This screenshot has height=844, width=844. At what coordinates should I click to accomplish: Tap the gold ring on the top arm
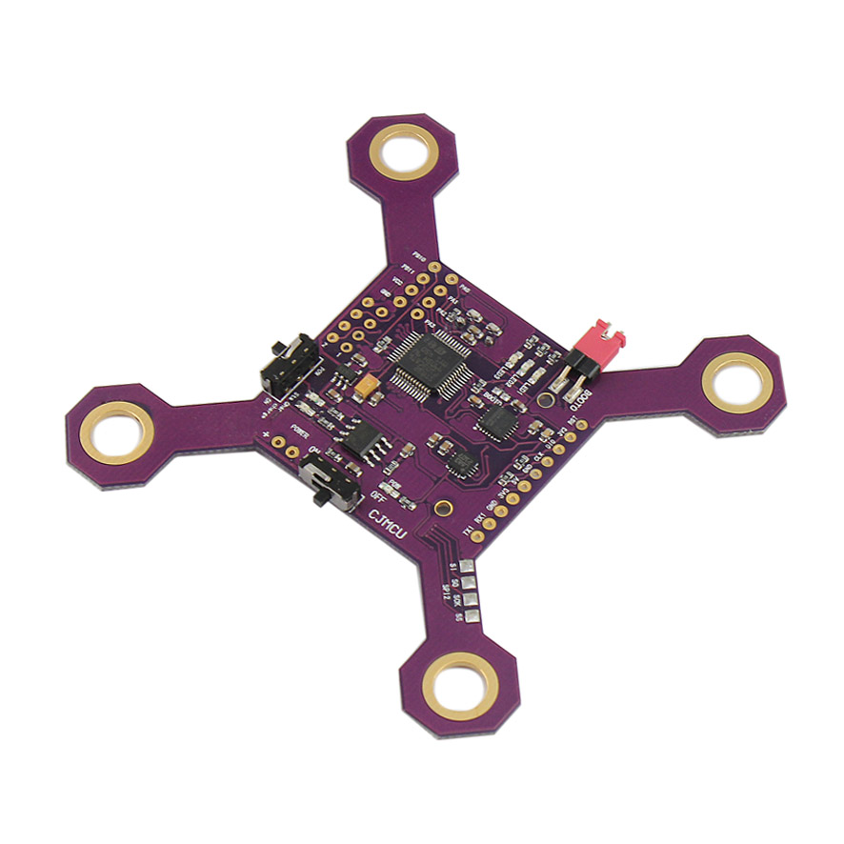coord(404,151)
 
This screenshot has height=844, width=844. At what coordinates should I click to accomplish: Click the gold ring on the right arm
coord(735,383)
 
